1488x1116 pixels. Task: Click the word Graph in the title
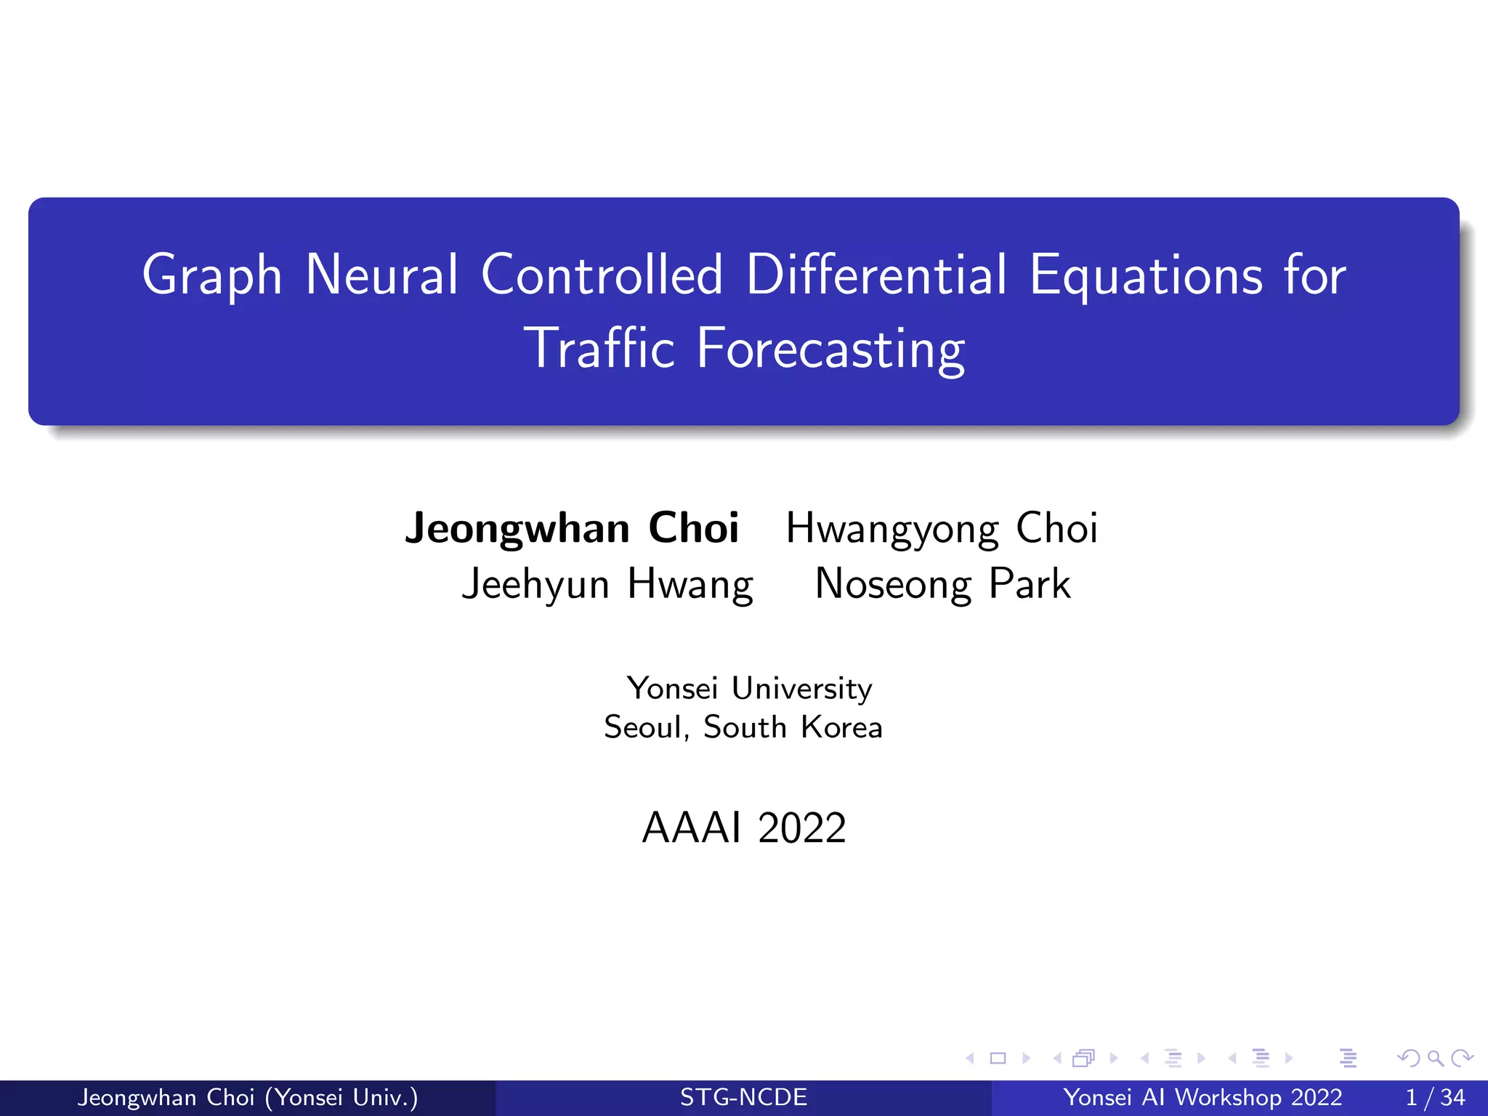tap(211, 276)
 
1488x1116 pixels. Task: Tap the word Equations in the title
tap(1146, 276)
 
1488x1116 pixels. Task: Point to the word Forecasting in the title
tap(830, 350)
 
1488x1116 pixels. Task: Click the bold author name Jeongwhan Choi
tap(572, 528)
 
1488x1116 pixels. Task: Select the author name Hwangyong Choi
tap(942, 528)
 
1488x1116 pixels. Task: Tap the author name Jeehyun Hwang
tap(607, 584)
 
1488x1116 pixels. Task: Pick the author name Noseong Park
tap(942, 584)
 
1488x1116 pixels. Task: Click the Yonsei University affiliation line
tap(749, 688)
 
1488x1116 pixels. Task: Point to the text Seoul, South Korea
tap(743, 727)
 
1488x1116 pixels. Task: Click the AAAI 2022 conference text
tap(744, 828)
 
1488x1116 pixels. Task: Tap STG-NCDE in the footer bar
tap(743, 1097)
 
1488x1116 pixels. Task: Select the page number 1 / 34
tap(1435, 1097)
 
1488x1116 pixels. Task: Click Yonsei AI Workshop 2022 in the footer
tap(1202, 1097)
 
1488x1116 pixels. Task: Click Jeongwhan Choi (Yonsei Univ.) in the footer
tap(248, 1097)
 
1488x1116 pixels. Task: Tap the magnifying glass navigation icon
tap(1435, 1058)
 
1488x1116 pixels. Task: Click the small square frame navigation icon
tap(998, 1058)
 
